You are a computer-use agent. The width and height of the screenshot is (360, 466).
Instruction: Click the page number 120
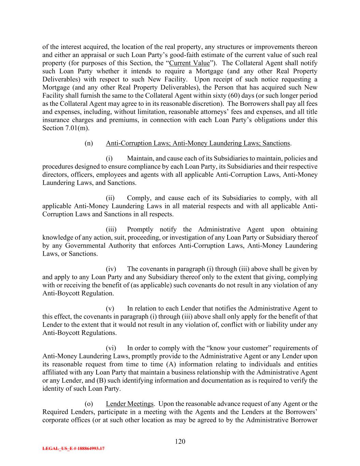pyautogui.click(x=180, y=441)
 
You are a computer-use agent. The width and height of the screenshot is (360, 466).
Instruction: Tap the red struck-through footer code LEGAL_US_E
pyautogui.click(x=73, y=449)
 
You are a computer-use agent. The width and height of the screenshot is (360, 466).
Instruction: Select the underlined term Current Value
pyautogui.click(x=189, y=63)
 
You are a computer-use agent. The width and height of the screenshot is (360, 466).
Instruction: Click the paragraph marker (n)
pyautogui.click(x=89, y=143)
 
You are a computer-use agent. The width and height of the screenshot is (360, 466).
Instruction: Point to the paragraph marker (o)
pyautogui.click(x=89, y=404)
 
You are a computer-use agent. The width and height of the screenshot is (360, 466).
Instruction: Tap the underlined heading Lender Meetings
pyautogui.click(x=130, y=404)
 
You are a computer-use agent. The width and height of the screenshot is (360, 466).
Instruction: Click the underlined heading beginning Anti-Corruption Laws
pyautogui.click(x=198, y=143)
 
